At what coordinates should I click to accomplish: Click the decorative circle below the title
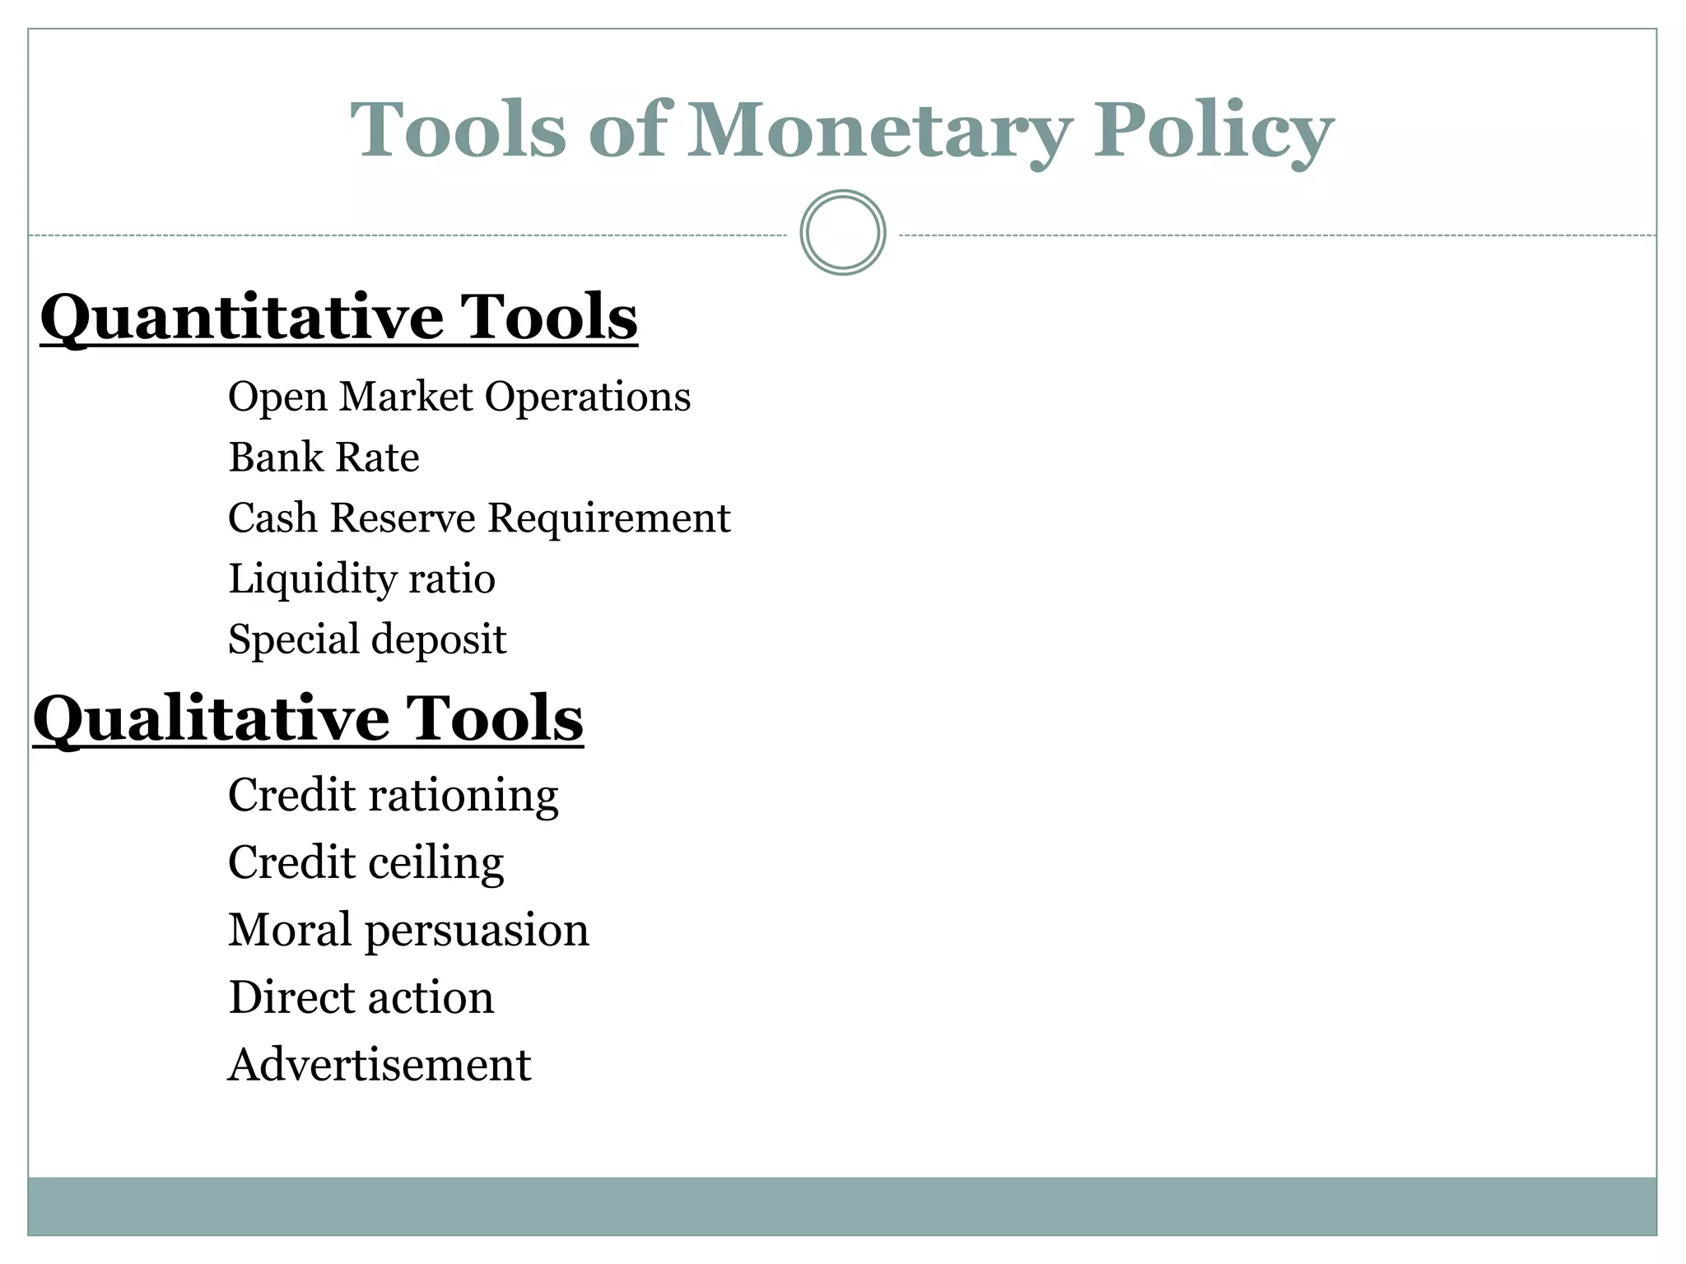coord(842,233)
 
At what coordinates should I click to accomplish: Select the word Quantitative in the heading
coord(241,318)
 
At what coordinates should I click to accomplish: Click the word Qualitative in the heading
coord(210,718)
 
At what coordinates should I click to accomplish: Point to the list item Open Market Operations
coord(459,397)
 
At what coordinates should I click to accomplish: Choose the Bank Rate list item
coord(324,458)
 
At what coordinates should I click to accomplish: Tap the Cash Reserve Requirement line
coord(478,518)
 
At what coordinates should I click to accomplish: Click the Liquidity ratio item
coord(361,579)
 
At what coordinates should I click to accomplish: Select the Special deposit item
coord(366,639)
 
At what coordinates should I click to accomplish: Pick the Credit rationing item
coord(393,796)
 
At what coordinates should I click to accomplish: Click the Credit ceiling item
coord(366,863)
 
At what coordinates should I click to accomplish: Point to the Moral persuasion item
coord(408,931)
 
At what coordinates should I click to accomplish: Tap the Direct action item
coord(361,997)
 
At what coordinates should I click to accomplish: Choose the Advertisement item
coord(380,1065)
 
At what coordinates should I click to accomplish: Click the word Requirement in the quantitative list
coord(608,518)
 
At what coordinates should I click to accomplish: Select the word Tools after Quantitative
coord(548,318)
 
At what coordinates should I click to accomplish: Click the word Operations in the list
coord(587,397)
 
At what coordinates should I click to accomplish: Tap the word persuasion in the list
coord(477,931)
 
